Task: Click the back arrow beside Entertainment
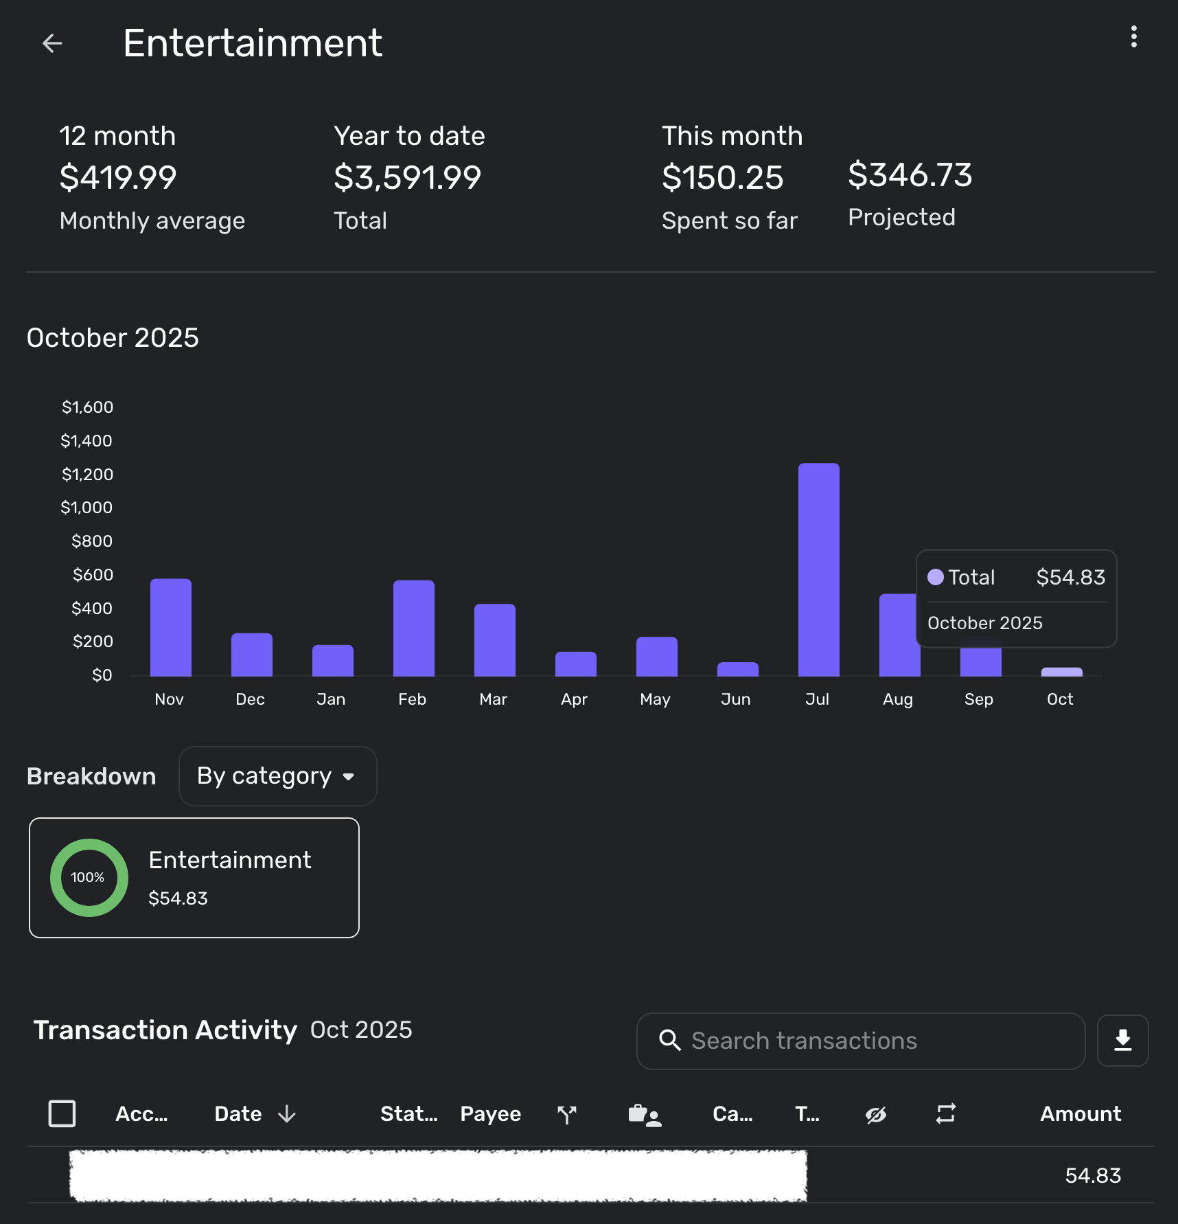pyautogui.click(x=52, y=43)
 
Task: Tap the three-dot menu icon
pyautogui.click(x=1133, y=37)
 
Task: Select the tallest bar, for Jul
pyautogui.click(x=818, y=570)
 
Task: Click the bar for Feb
pyautogui.click(x=413, y=628)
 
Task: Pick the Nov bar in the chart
pyautogui.click(x=170, y=628)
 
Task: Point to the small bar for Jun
pyautogui.click(x=737, y=669)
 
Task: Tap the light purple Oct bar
pyautogui.click(x=1061, y=672)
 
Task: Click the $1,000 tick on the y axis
pyautogui.click(x=86, y=508)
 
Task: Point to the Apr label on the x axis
pyautogui.click(x=574, y=699)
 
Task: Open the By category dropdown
pyautogui.click(x=277, y=776)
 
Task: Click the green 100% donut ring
pyautogui.click(x=89, y=877)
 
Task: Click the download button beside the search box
pyautogui.click(x=1122, y=1041)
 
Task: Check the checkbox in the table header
pyautogui.click(x=62, y=1113)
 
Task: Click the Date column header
pyautogui.click(x=239, y=1113)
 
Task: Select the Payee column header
pyautogui.click(x=490, y=1113)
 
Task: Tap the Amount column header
pyautogui.click(x=1080, y=1113)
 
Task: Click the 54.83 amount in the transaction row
pyautogui.click(x=1092, y=1175)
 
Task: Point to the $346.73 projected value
pyautogui.click(x=910, y=175)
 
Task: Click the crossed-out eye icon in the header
pyautogui.click(x=875, y=1114)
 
